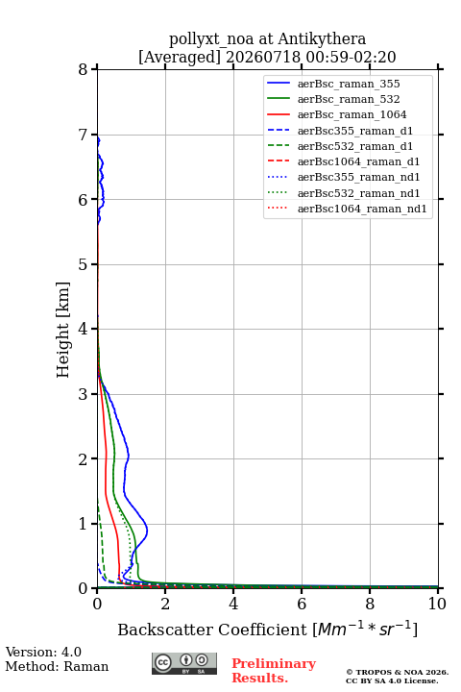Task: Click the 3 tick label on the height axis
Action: pos(84,394)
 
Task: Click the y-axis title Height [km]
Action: pos(62,330)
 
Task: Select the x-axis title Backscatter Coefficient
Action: pos(212,630)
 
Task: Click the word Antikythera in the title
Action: pos(322,38)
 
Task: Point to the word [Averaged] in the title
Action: pos(179,57)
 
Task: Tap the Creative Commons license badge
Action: pos(184,663)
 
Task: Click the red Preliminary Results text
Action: pos(274,671)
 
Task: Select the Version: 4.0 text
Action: pos(43,652)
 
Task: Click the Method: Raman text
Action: pos(57,666)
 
